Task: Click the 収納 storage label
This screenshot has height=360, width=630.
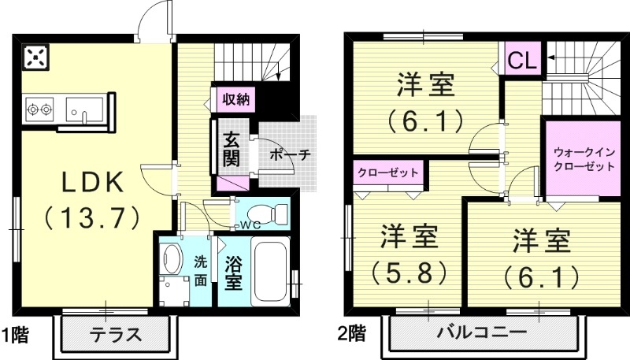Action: [x=235, y=99]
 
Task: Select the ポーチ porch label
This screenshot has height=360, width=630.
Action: [x=290, y=154]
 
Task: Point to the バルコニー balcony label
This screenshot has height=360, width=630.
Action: [x=484, y=332]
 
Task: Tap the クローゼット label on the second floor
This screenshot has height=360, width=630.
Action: [x=387, y=170]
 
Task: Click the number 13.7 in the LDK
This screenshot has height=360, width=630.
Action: [x=92, y=214]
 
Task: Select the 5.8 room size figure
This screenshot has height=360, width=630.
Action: [x=409, y=272]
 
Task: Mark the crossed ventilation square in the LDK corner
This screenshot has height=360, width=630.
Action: [x=35, y=58]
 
